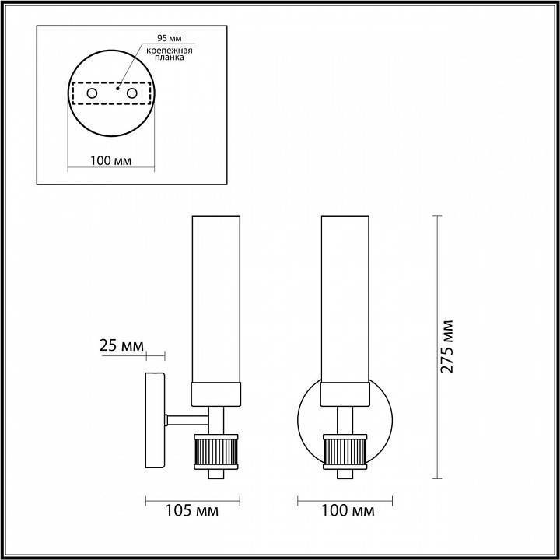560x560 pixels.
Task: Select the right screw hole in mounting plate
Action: [132, 94]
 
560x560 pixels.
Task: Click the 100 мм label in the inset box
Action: [110, 161]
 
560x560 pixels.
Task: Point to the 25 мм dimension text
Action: [120, 345]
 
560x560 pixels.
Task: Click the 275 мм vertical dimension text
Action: [446, 346]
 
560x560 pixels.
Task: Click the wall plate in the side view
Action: [155, 421]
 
